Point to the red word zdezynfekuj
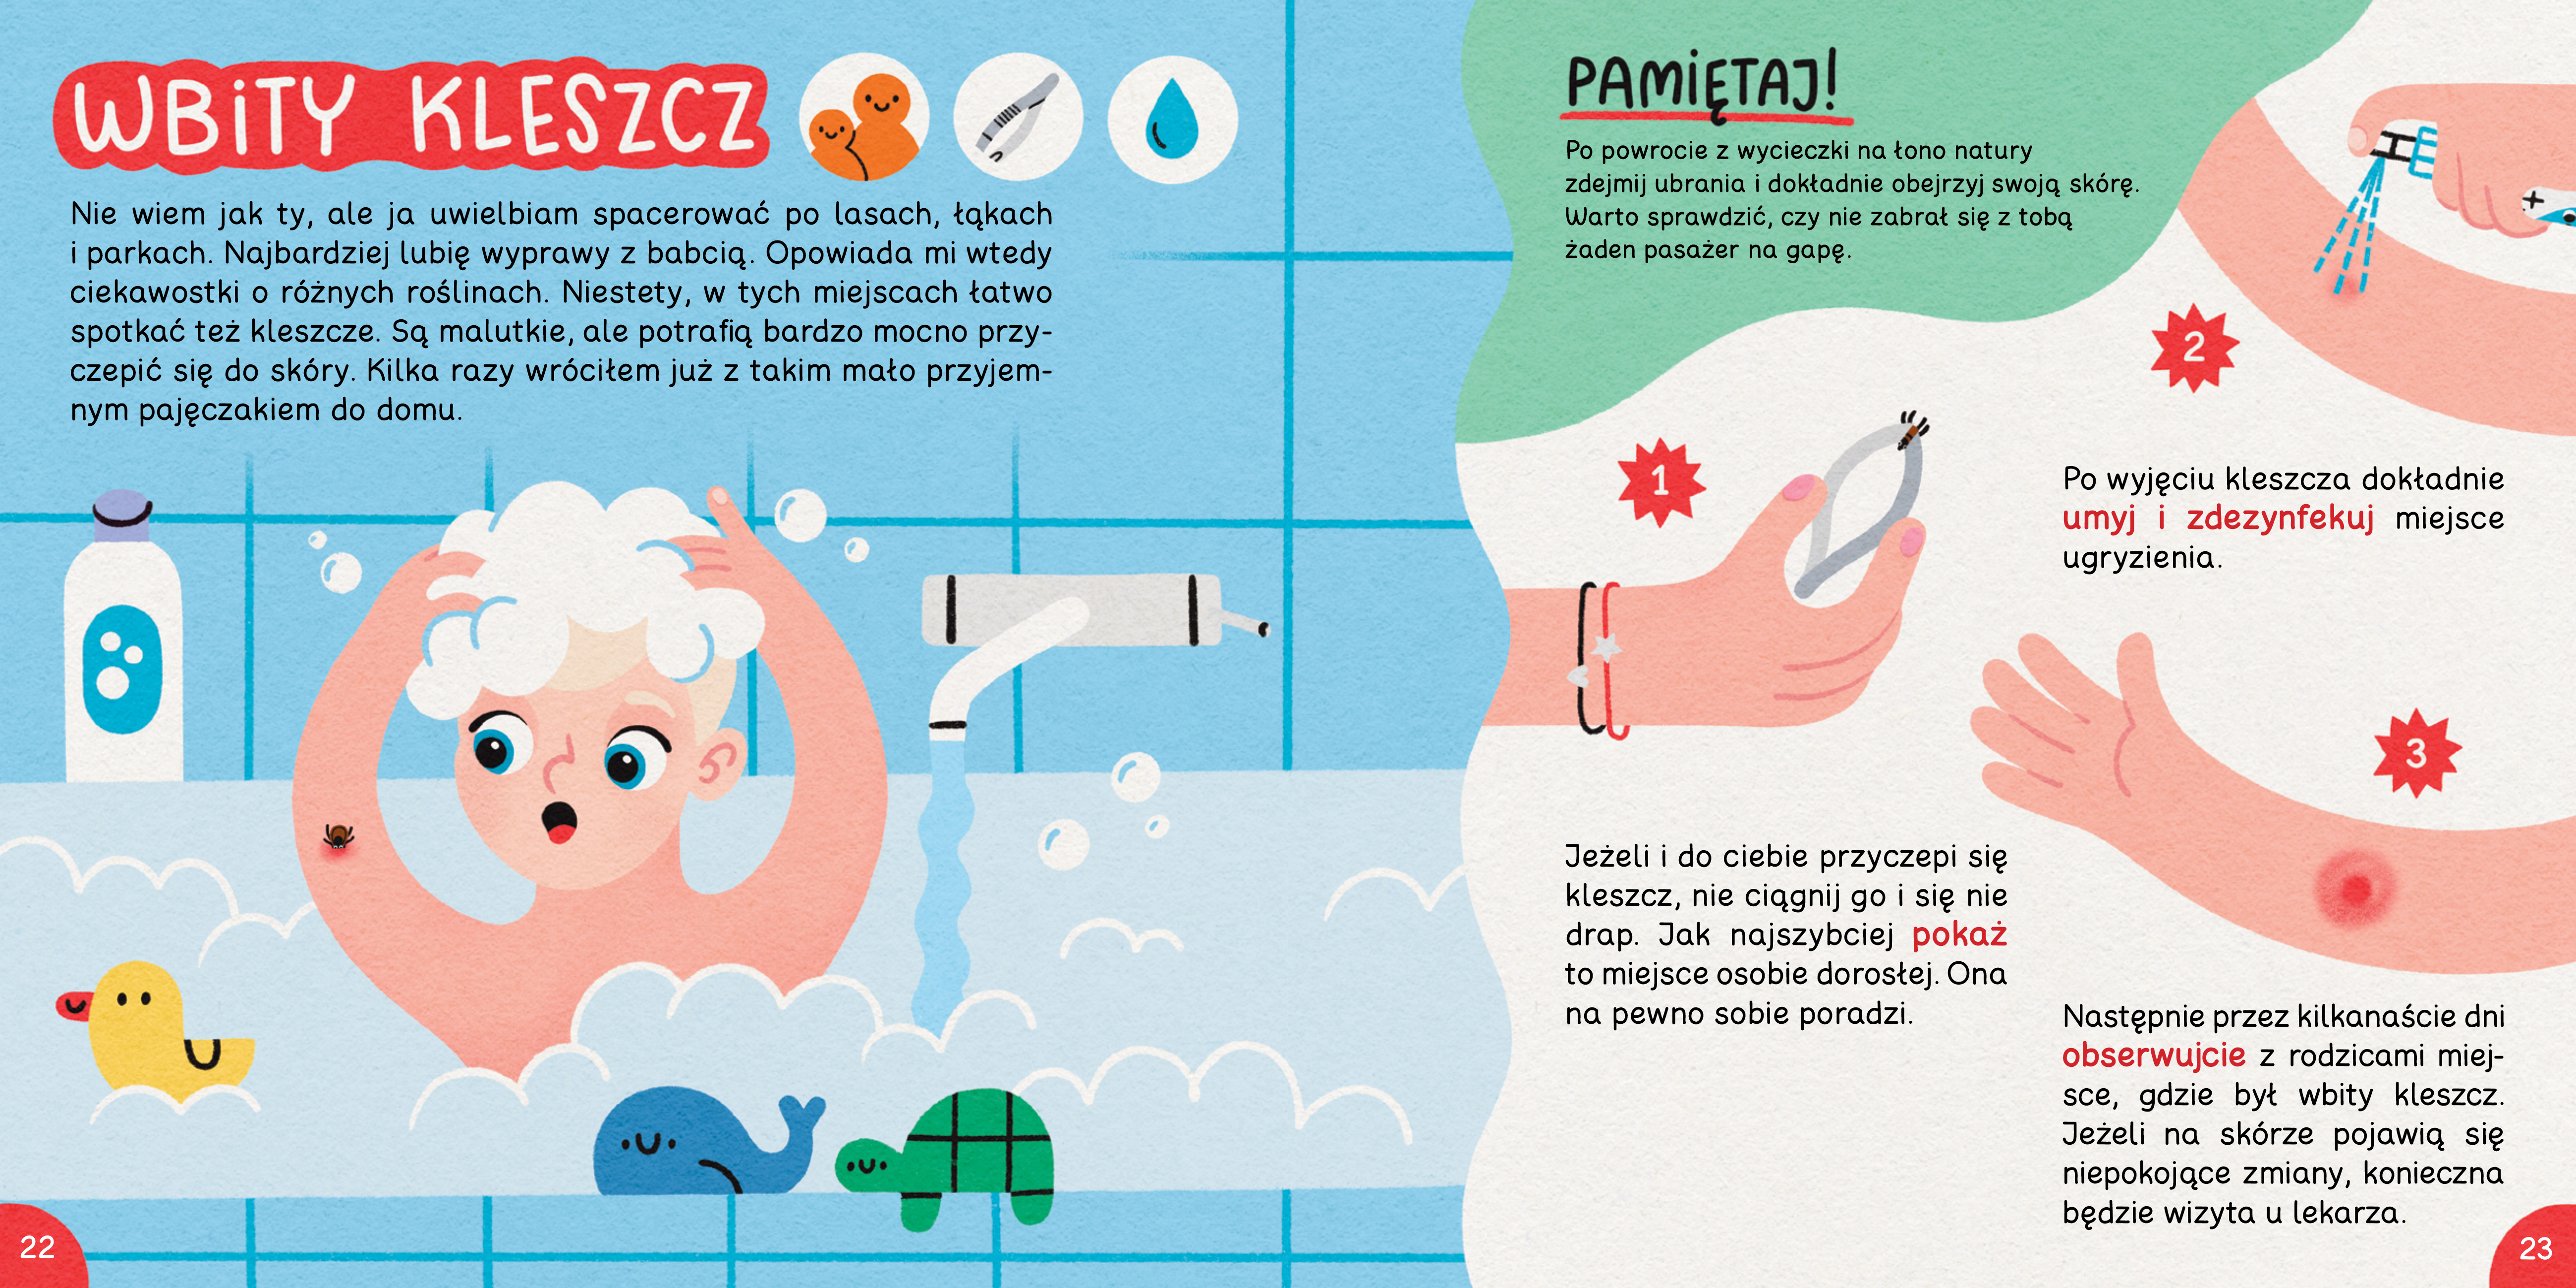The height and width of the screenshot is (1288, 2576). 2280,518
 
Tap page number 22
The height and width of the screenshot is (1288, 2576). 37,1247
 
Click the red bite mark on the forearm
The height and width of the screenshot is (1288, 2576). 2355,888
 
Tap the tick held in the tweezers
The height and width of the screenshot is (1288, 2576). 1912,430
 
